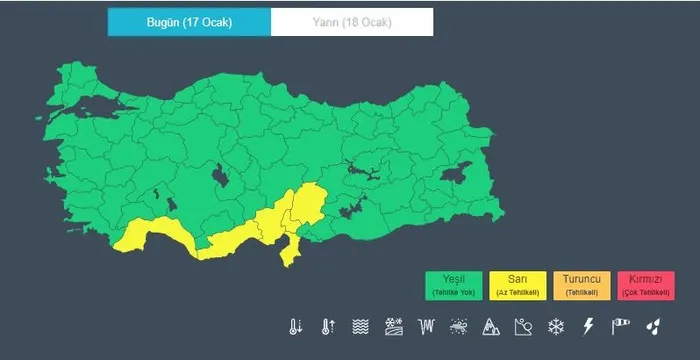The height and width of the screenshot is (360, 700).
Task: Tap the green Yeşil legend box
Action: (454, 286)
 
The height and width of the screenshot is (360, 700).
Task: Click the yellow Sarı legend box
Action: (518, 286)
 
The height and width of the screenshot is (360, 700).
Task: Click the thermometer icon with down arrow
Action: (296, 326)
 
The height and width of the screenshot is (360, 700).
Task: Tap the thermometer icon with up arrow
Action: (328, 326)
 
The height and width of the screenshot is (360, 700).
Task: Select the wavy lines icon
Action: (361, 326)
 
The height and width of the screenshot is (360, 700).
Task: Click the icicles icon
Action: (427, 326)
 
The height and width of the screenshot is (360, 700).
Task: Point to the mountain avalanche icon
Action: (491, 326)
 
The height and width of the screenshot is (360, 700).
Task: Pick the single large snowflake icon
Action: (555, 326)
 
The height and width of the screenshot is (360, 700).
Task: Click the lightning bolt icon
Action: (588, 326)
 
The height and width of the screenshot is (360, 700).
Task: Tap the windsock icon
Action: (621, 326)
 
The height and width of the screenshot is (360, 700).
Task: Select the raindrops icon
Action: (653, 326)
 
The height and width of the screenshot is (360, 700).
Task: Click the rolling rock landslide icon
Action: (523, 326)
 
